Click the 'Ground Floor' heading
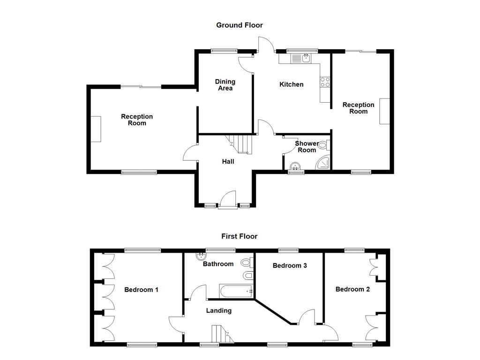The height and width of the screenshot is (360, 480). [x=239, y=25]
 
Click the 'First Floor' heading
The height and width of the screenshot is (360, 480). [x=239, y=236]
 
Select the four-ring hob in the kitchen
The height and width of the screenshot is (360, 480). [x=325, y=82]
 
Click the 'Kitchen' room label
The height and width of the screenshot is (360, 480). [x=291, y=85]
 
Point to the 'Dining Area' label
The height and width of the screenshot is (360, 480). [x=225, y=85]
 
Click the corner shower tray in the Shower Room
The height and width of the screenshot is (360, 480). [x=324, y=163]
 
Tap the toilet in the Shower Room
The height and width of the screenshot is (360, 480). [x=323, y=146]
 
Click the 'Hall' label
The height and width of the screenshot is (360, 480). [x=228, y=162]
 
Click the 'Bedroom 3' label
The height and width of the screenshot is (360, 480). [x=290, y=266]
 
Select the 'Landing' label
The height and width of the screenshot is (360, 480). [x=219, y=311]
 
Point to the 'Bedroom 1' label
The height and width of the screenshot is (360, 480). [x=141, y=290]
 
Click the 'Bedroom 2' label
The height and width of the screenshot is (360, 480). [x=352, y=290]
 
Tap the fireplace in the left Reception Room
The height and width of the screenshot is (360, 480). [x=96, y=129]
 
